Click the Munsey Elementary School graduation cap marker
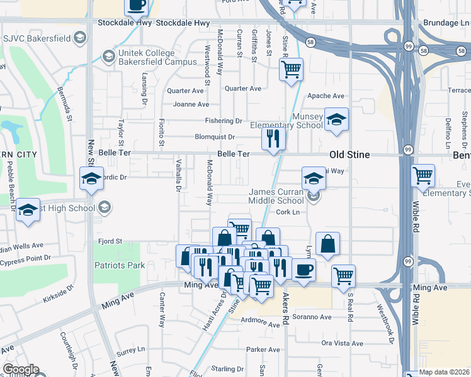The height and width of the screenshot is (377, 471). [x=336, y=120]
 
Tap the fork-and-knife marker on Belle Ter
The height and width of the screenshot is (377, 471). [x=273, y=139]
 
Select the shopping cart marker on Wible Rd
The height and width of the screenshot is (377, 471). [x=423, y=176]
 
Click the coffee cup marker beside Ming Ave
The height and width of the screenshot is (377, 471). [x=304, y=271]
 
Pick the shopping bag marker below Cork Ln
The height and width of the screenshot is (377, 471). [x=328, y=244]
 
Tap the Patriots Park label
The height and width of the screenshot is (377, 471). [x=120, y=265]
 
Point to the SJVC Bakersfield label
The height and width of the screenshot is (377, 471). [x=39, y=38]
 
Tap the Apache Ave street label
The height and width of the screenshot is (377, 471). [x=326, y=96]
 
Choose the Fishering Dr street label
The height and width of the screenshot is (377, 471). [x=223, y=121]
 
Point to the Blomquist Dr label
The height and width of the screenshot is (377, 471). [x=215, y=136]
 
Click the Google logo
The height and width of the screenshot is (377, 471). [x=21, y=369]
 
